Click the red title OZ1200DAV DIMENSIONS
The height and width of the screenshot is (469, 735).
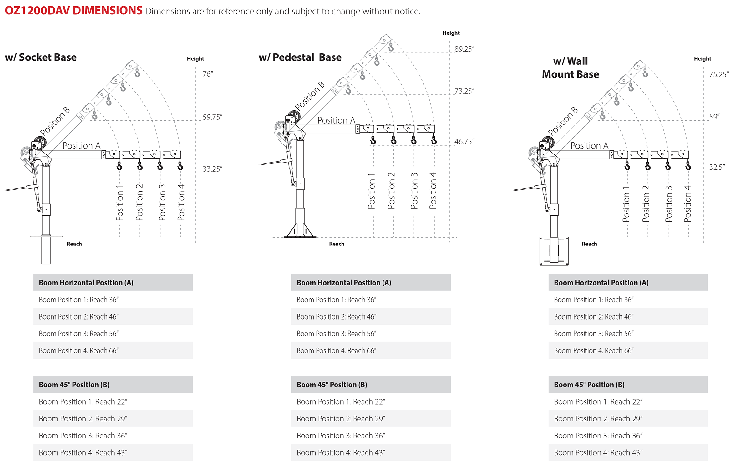(73, 11)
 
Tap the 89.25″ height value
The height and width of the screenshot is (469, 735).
(464, 49)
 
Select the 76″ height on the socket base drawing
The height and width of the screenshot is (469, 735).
(208, 74)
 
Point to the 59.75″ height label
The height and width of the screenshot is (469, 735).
(212, 117)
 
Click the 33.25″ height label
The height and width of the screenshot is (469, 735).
(212, 169)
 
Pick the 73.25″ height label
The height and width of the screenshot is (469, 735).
(464, 91)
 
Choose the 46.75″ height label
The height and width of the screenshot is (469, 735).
(464, 142)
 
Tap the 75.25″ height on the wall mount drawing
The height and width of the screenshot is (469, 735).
(719, 74)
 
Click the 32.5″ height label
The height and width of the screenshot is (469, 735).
(717, 167)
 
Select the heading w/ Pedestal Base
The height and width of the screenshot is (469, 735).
(300, 58)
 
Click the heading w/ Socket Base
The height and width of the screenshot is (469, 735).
(41, 58)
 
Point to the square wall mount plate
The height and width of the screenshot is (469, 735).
(554, 251)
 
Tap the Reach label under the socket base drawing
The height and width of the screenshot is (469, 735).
(74, 244)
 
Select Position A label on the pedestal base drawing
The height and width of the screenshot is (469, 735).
(336, 120)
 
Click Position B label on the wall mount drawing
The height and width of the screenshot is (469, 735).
(563, 121)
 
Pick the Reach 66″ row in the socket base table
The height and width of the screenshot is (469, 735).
(79, 351)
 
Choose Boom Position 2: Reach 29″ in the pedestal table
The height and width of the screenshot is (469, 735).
(341, 419)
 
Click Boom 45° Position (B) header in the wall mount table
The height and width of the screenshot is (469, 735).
(589, 385)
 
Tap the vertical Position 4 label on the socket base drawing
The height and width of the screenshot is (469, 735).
(181, 202)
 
